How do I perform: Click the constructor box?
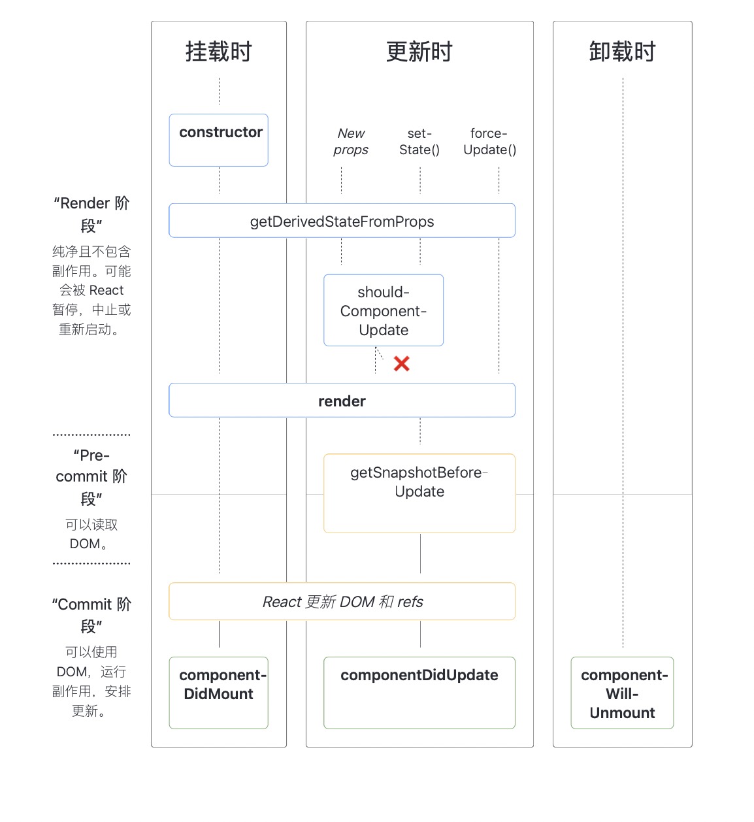(218, 140)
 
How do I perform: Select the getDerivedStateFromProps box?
(342, 221)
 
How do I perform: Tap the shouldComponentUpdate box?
(384, 310)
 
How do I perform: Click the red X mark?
(402, 364)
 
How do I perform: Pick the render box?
(342, 401)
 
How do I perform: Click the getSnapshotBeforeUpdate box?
(419, 493)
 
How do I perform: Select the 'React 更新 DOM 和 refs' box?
(342, 601)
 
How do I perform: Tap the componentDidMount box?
(218, 692)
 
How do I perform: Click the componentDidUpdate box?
(419, 692)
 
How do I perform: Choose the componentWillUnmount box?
(622, 693)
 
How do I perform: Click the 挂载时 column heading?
(218, 52)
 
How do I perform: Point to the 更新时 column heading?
(419, 52)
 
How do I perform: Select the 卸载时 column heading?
(622, 52)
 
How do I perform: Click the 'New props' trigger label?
(351, 142)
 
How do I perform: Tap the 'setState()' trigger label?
(419, 142)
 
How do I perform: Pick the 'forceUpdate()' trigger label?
(489, 142)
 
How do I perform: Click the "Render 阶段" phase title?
(91, 214)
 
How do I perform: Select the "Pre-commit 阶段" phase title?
(91, 476)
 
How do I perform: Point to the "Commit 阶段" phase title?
(91, 615)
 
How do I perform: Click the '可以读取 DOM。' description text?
(91, 534)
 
